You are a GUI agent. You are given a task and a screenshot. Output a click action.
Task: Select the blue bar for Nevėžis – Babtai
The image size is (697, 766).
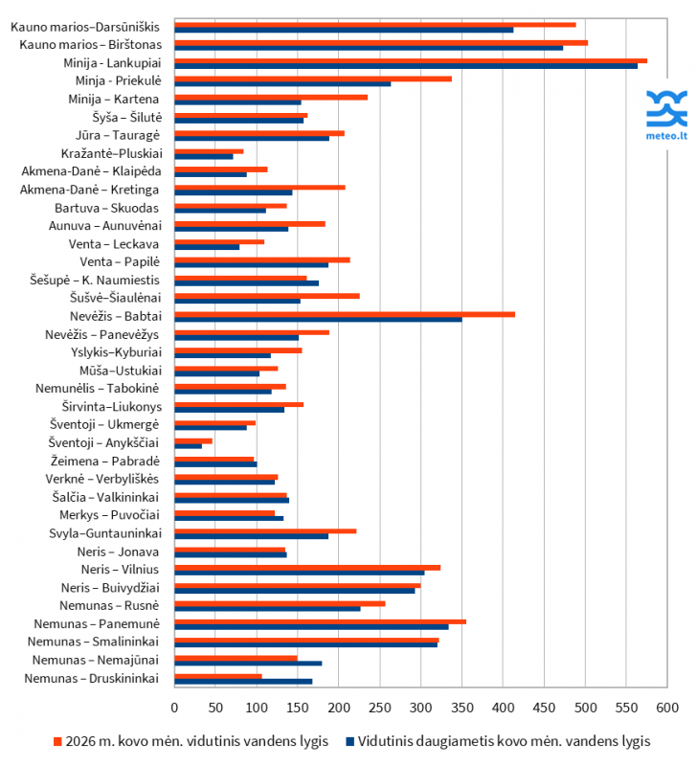point(318,319)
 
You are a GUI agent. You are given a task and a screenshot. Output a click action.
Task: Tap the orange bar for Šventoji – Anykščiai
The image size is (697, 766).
point(193,440)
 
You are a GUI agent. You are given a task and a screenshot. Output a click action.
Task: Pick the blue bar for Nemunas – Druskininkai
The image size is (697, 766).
point(243,682)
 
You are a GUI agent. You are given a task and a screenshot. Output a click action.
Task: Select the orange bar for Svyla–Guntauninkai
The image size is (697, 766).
point(265,530)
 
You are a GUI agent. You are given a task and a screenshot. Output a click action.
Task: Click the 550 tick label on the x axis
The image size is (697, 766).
point(627,708)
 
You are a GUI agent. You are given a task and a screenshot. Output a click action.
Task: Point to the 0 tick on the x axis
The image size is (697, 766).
point(174,708)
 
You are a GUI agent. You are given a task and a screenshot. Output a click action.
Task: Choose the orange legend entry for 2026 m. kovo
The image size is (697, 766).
point(191,741)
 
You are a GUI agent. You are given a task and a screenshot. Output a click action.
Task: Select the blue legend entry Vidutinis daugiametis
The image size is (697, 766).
point(498,741)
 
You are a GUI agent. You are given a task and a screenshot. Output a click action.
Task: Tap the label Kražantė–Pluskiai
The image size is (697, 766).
point(111,153)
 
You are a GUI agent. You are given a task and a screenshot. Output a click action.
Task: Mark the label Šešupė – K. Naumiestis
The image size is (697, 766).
point(95,280)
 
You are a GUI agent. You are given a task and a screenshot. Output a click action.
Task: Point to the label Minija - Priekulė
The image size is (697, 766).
point(119,80)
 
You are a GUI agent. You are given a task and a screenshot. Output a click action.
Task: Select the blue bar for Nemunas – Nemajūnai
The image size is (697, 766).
point(248,664)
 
